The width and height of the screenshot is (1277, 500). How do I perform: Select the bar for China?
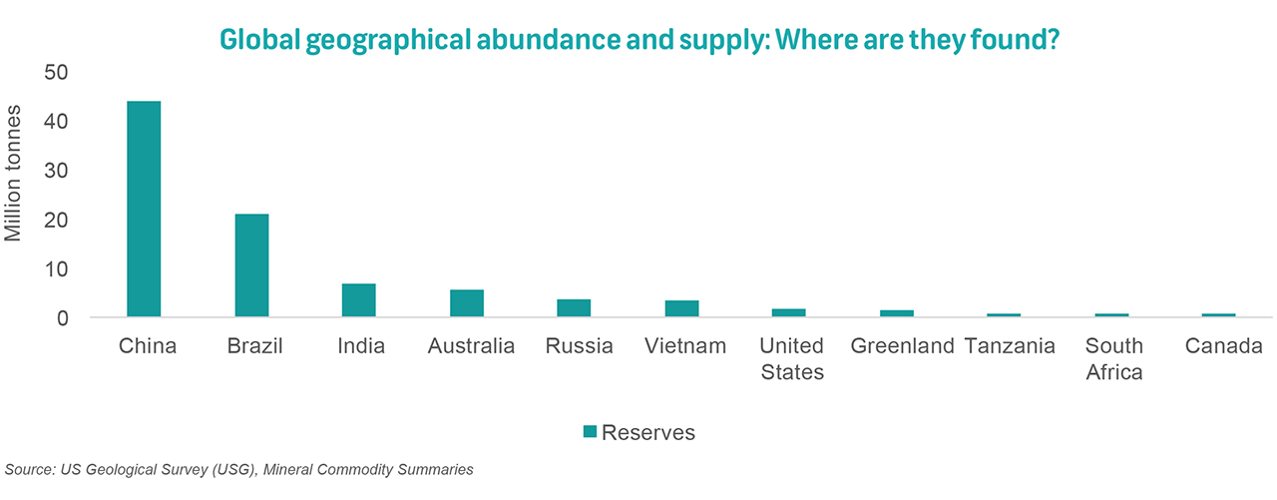pyautogui.click(x=144, y=210)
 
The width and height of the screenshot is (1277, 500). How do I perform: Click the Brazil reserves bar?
pyautogui.click(x=251, y=265)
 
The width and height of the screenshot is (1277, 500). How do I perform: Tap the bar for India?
pyautogui.click(x=359, y=300)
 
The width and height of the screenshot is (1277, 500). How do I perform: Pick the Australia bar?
pyautogui.click(x=467, y=303)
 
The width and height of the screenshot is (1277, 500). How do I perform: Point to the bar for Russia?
pyautogui.click(x=575, y=308)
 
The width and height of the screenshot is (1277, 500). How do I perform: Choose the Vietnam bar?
pyautogui.click(x=682, y=309)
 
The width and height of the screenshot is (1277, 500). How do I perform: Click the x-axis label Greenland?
pyautogui.click(x=903, y=346)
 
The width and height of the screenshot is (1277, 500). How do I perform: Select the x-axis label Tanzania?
pyautogui.click(x=1010, y=346)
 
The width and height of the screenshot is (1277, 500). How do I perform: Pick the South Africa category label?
pyautogui.click(x=1113, y=359)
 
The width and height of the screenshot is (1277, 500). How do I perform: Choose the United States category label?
pyautogui.click(x=791, y=359)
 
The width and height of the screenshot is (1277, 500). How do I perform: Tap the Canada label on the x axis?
pyautogui.click(x=1224, y=346)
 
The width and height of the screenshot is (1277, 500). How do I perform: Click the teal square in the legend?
pyautogui.click(x=590, y=432)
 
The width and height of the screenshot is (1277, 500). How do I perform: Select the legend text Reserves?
pyautogui.click(x=648, y=432)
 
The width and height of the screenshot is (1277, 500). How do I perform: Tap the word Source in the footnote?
pyautogui.click(x=27, y=469)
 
